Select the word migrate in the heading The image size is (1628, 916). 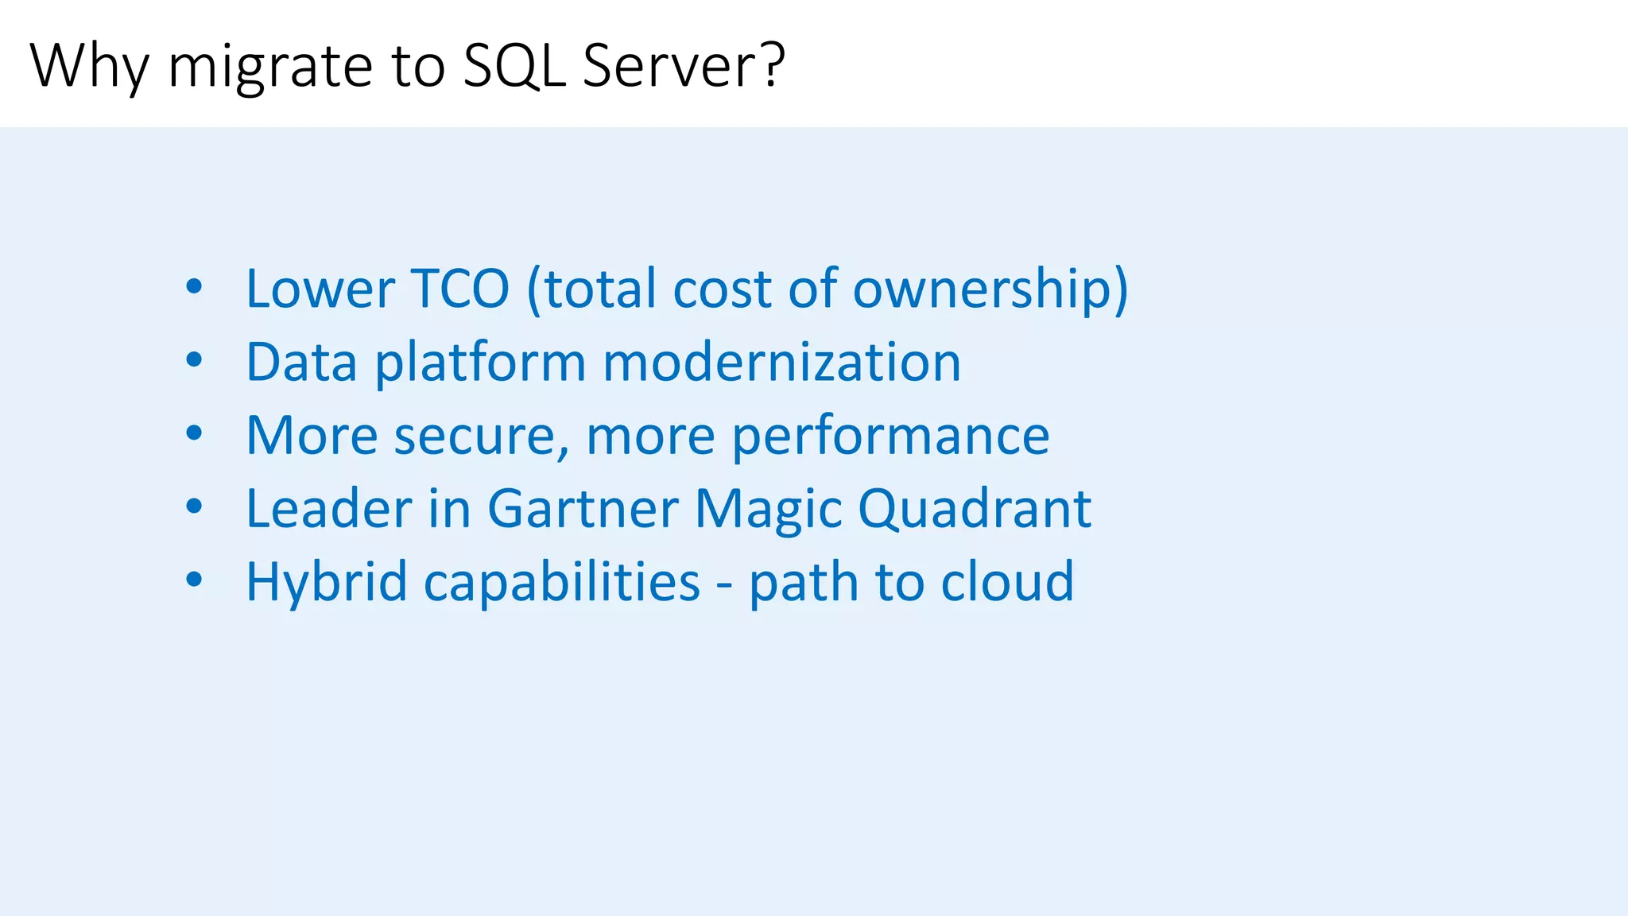click(x=269, y=67)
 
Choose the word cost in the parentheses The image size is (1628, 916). click(x=723, y=289)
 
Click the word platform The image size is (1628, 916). click(x=480, y=363)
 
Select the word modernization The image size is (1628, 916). click(x=781, y=362)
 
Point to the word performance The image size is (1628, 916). click(x=890, y=437)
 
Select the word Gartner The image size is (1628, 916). click(x=583, y=509)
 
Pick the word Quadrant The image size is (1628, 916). click(x=975, y=509)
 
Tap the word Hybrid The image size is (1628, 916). click(x=327, y=583)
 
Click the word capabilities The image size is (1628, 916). click(x=562, y=583)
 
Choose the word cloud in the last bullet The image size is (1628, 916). click(x=1007, y=581)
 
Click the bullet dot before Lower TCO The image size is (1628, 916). click(x=194, y=288)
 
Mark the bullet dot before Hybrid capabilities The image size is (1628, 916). click(x=194, y=580)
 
